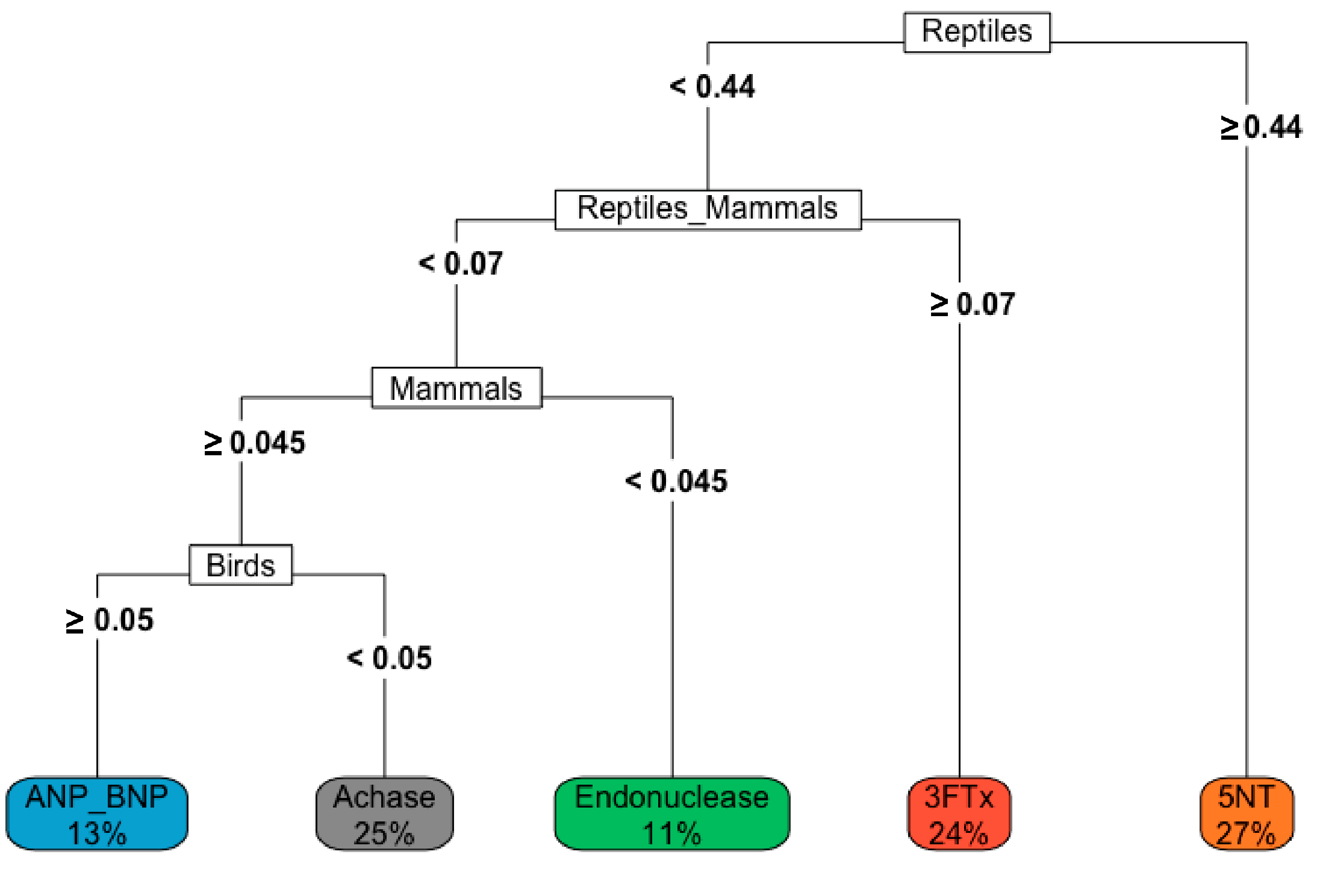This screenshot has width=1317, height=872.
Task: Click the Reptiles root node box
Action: [976, 32]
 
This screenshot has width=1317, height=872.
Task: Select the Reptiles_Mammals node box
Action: [708, 210]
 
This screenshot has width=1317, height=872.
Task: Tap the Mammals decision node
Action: [456, 388]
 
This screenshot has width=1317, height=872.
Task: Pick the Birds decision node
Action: [240, 565]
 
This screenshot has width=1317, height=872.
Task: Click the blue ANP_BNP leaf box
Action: [96, 813]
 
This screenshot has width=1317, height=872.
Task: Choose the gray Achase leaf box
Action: [384, 813]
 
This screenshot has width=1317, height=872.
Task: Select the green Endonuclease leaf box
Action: [671, 813]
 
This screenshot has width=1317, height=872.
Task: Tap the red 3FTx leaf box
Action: [959, 813]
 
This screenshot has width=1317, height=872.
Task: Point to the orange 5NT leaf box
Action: [1246, 813]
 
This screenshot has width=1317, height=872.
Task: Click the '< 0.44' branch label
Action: [712, 87]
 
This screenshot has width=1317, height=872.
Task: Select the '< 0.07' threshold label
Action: [461, 264]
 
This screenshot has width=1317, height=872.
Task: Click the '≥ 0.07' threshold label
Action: [972, 304]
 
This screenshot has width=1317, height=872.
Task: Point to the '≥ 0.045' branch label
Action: [255, 443]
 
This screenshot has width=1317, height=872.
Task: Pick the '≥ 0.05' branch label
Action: [110, 620]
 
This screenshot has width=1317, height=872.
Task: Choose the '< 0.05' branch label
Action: [390, 658]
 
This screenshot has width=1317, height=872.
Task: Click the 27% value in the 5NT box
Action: [1246, 834]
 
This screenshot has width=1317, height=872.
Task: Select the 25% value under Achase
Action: [384, 834]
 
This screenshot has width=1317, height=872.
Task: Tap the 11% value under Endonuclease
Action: [671, 834]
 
